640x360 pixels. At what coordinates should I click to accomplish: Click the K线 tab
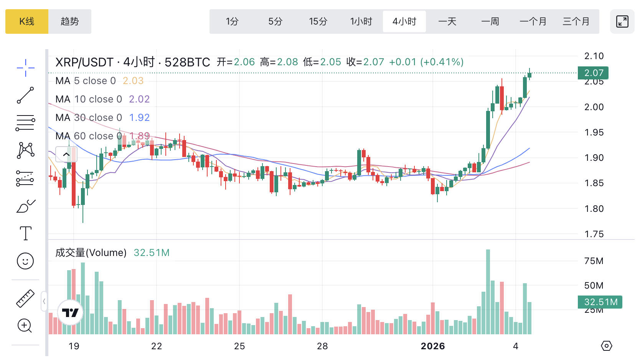coord(27,21)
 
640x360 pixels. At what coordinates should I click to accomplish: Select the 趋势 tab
coord(70,21)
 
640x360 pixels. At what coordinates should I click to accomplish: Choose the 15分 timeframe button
coord(318,21)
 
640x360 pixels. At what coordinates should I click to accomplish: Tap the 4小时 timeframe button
coord(404,21)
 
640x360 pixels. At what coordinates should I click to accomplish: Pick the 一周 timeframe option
coord(490,21)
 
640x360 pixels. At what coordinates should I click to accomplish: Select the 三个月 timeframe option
coord(576,21)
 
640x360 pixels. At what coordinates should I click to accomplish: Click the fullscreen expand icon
coord(622,21)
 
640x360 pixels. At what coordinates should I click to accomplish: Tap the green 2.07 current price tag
coord(593,73)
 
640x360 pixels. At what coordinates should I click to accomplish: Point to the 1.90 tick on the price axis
coord(594,158)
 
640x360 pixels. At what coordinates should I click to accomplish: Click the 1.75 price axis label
coord(594,234)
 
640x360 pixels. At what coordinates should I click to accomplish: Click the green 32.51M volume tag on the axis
coord(600,302)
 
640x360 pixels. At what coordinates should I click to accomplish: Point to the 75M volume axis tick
coord(594,261)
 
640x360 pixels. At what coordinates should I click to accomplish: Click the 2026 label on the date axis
coord(433,346)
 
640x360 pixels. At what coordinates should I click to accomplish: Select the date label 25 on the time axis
coord(239,346)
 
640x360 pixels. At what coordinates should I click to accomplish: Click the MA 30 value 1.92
coord(139,117)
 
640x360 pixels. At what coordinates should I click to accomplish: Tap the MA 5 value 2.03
coord(133,81)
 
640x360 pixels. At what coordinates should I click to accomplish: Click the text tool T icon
coord(25,233)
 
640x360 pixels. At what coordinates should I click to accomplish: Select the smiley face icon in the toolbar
coord(25,261)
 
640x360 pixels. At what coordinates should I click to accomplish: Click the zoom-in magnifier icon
coord(25,326)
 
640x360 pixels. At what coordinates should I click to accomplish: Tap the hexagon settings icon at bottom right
coord(606,346)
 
